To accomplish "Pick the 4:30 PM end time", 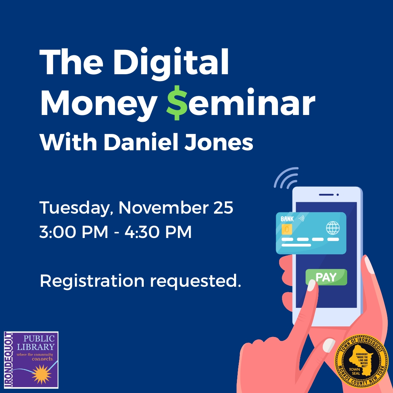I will (x=158, y=232).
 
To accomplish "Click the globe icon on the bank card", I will (x=332, y=229).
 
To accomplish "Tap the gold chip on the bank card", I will (x=287, y=229).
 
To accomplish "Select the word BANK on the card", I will (x=287, y=219).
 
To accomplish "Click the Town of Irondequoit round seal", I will (x=361, y=361).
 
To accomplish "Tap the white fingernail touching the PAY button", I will (x=311, y=285).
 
